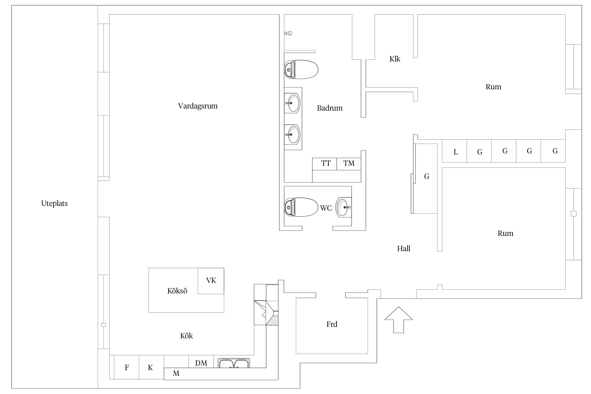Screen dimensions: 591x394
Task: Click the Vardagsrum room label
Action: pos(198,106)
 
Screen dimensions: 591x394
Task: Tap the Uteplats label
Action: pos(54,204)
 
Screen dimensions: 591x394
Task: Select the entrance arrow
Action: pos(398,320)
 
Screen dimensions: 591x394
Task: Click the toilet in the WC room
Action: pos(301,207)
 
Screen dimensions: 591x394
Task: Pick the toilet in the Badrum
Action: pos(301,70)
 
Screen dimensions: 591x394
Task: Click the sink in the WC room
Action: pos(343,208)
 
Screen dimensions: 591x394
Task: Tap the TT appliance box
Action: pos(324,164)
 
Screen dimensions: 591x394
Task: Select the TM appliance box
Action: pos(349,164)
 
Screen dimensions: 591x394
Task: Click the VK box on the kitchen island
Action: pos(211,281)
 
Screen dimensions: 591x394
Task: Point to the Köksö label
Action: pos(177,291)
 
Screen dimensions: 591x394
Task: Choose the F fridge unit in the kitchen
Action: pos(127,367)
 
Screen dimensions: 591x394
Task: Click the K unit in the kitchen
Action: pos(151,367)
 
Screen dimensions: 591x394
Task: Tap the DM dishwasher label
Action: pos(201,363)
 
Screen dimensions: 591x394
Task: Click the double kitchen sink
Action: pos(234,363)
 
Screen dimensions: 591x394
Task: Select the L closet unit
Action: pos(454,151)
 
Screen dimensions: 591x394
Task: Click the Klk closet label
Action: pos(395,59)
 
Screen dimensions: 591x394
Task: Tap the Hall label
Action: pos(403,249)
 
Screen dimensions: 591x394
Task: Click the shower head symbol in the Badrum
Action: pos(288,33)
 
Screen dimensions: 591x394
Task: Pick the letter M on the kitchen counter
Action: pos(176,374)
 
